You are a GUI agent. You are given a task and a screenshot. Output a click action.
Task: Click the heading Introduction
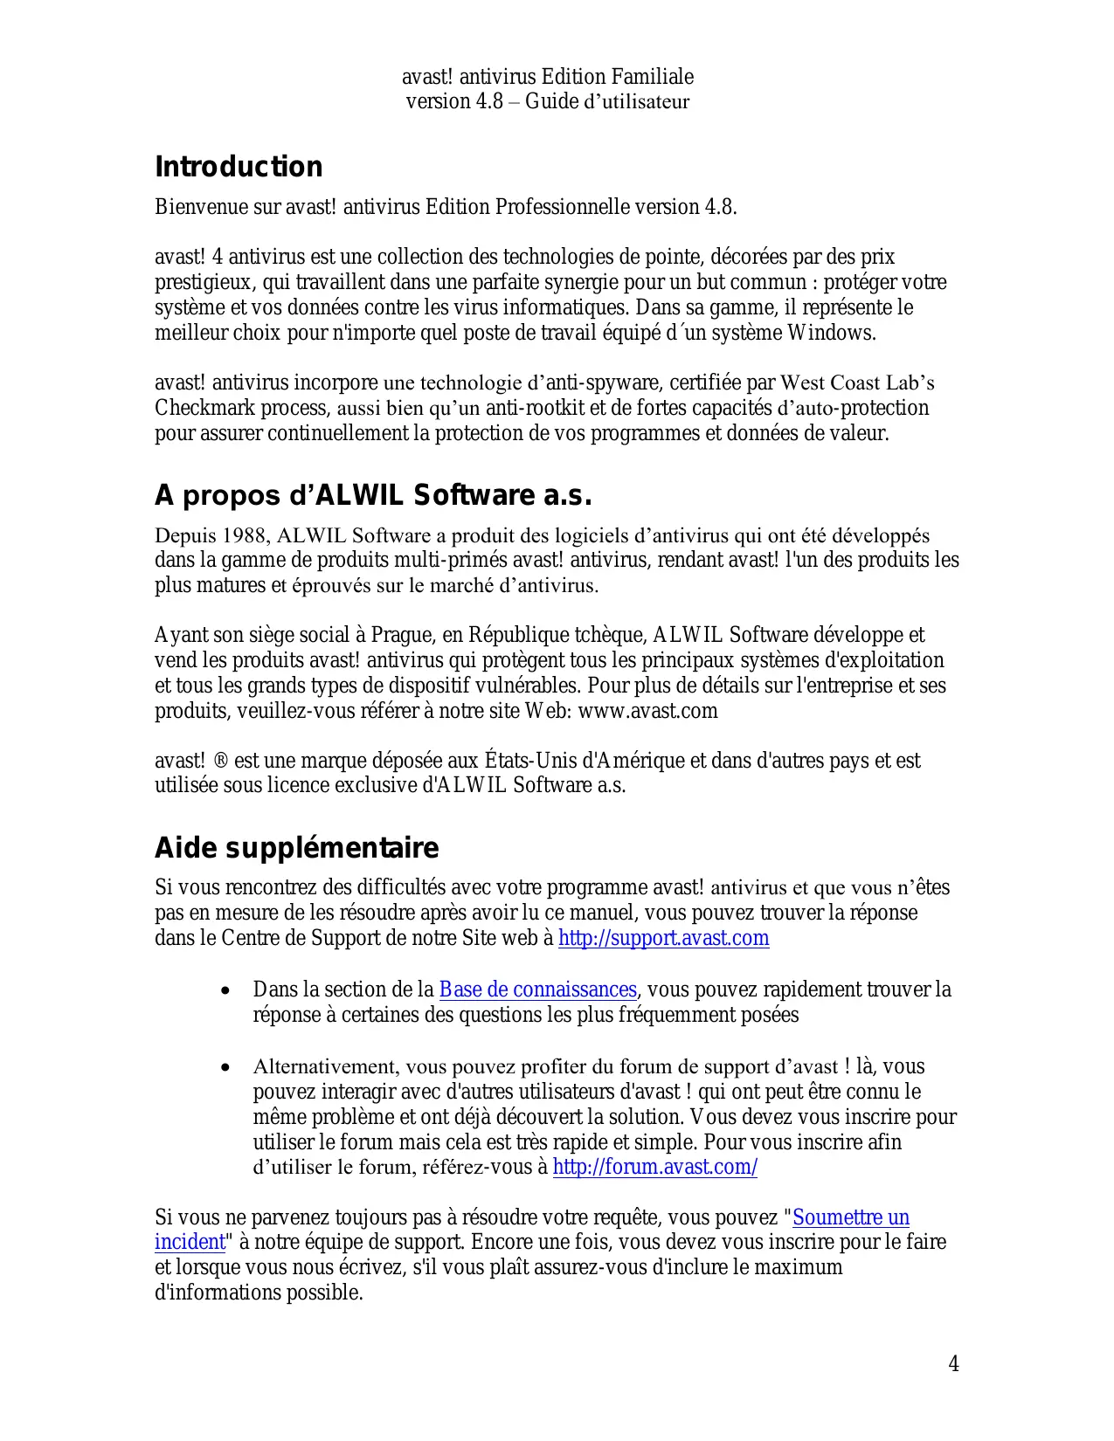239,167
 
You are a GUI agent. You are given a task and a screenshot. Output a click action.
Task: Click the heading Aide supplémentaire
296,848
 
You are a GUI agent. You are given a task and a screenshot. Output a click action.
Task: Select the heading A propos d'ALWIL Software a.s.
373,496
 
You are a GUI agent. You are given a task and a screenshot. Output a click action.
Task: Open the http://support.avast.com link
663,939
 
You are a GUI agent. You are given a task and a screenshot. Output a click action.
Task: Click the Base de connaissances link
537,989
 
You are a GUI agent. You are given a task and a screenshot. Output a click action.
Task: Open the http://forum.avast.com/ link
654,1167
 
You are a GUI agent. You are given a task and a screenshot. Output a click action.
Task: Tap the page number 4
953,1364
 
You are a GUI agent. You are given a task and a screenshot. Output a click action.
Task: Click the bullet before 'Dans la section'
226,991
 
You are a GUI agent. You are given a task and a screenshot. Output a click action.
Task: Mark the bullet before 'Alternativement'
226,1068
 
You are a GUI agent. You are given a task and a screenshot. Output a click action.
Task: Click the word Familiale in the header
652,77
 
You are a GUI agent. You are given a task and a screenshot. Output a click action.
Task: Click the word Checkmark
204,408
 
